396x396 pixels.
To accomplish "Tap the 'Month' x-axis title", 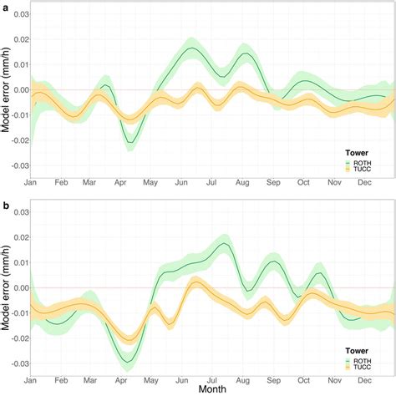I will tap(211, 388).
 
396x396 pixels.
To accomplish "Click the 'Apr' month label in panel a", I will tap(120, 181).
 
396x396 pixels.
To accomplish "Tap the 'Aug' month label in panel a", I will tap(241, 181).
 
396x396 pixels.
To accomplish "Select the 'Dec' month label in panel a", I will tap(364, 181).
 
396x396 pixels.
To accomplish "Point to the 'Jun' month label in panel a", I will tap(180, 181).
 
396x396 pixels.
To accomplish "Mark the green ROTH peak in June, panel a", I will tap(191, 48).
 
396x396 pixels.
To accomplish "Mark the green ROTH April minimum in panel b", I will tap(127, 361).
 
